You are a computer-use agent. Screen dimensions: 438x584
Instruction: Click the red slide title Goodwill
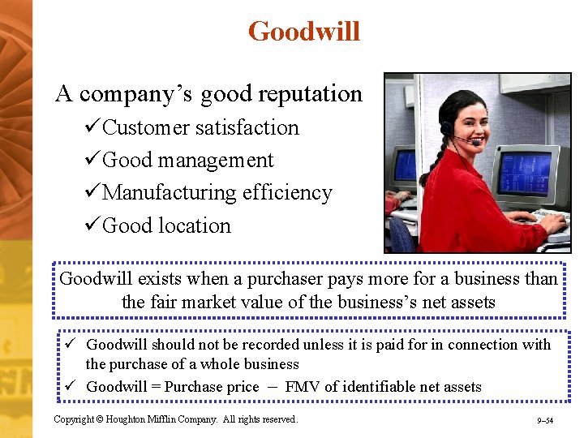(303, 32)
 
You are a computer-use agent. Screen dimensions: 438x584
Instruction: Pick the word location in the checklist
(195, 225)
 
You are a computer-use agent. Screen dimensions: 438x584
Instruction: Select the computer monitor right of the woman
(520, 171)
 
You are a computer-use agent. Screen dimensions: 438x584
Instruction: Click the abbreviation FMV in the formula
(302, 387)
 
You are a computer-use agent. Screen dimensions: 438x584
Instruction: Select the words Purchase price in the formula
(212, 387)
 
